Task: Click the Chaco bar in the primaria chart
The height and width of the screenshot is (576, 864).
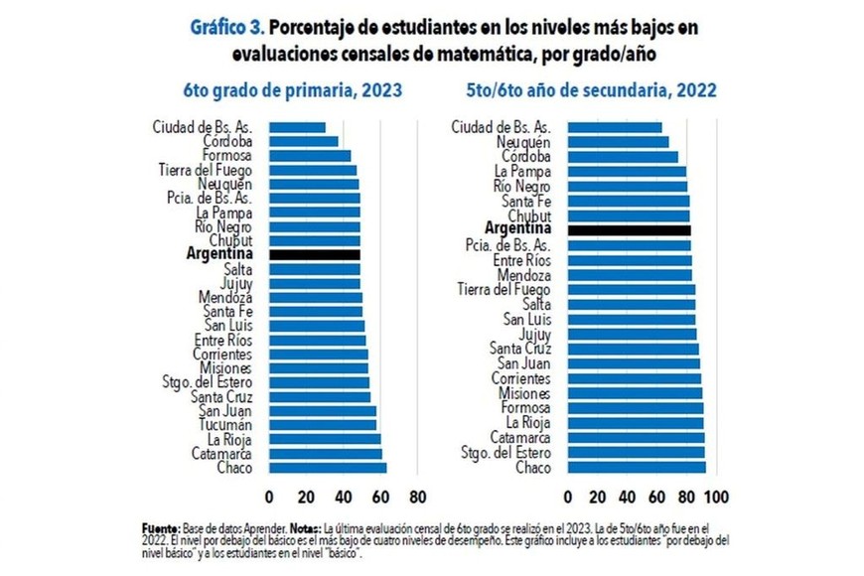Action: coord(328,468)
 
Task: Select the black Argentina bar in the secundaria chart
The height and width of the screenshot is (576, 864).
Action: coord(629,230)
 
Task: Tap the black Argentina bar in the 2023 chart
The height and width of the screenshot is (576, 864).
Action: coord(315,254)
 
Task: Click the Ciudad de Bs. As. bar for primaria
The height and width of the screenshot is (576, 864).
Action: coord(297,127)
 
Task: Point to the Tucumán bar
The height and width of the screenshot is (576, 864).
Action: coord(323,425)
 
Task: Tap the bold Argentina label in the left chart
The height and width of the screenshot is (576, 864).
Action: coord(219,254)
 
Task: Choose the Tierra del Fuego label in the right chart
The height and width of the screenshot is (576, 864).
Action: coord(504,289)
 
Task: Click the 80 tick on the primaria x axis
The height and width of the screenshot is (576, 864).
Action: coord(417,496)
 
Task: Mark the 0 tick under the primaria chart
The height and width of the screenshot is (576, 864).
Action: coord(269,496)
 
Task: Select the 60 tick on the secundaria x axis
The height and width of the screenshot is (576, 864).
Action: coord(656,496)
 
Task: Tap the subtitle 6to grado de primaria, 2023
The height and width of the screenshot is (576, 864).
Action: coord(293,90)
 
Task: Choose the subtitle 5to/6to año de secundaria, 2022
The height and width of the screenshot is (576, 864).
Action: coord(592,90)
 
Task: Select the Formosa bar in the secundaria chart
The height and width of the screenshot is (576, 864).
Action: coord(636,408)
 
